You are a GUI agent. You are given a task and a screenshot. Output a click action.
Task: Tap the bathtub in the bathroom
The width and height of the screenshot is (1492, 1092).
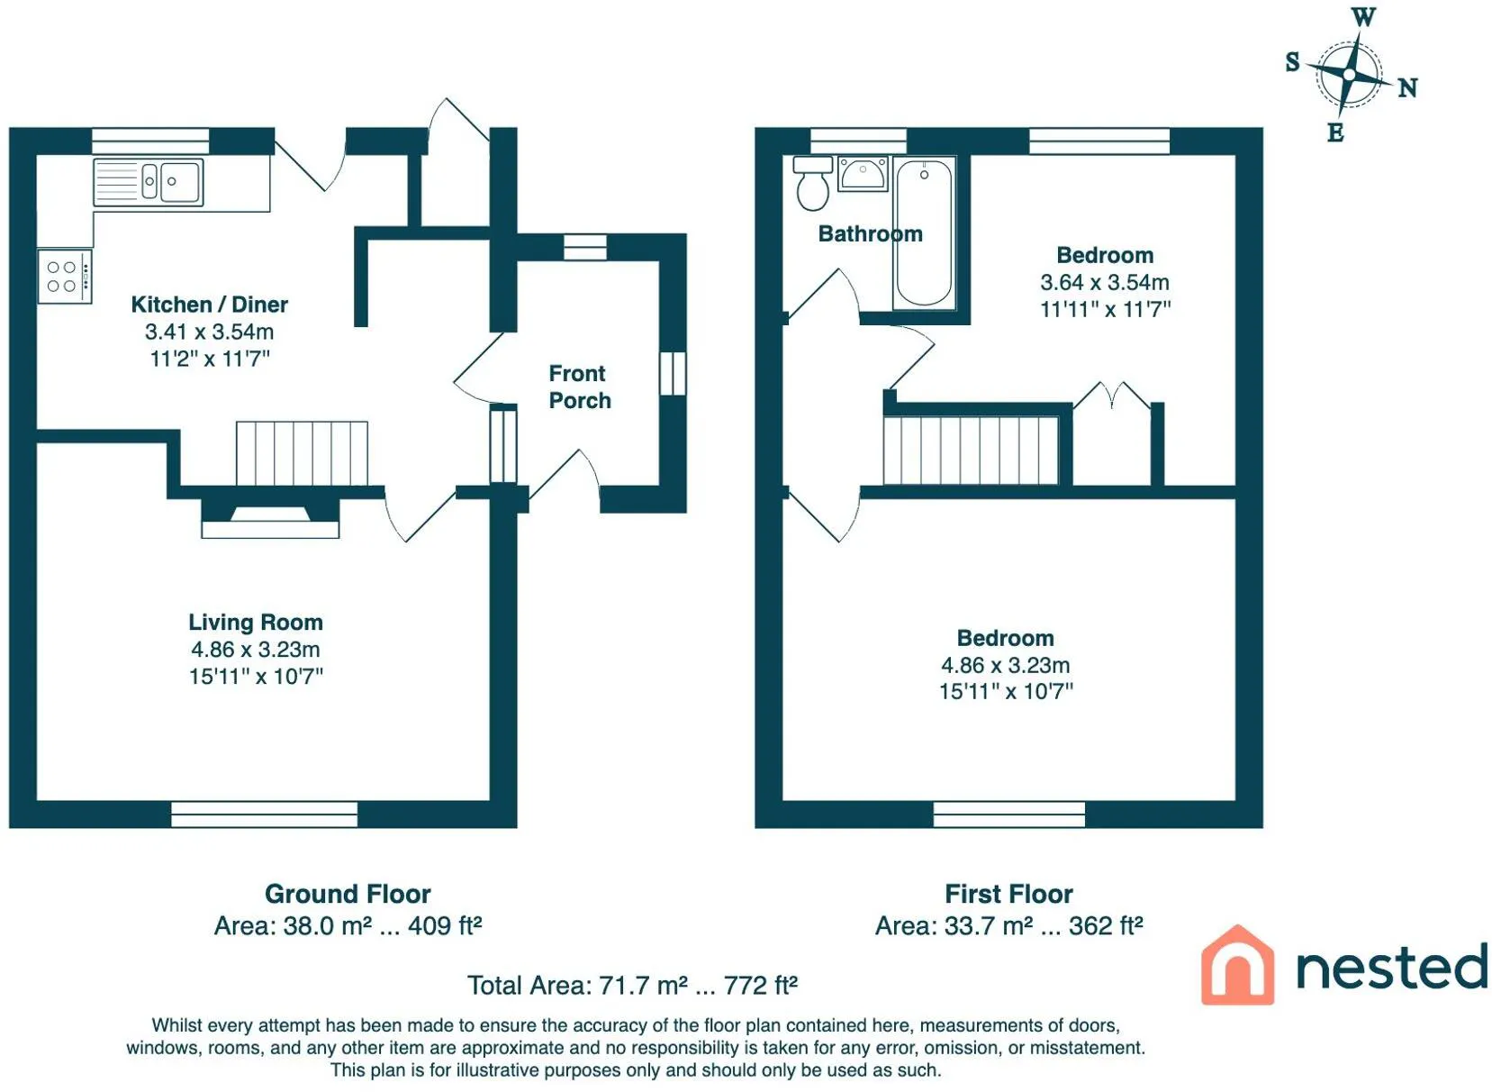coord(924,233)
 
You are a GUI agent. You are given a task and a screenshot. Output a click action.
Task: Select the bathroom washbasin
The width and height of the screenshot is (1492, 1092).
coord(863,173)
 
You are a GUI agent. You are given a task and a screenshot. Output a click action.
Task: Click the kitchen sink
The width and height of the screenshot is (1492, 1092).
coord(149,181)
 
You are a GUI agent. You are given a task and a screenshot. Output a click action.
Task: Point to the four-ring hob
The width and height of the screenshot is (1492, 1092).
coord(65,276)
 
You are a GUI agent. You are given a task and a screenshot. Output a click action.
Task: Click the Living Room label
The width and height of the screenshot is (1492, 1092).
coord(256,622)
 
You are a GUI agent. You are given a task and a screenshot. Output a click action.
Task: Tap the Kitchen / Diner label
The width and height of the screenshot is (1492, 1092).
coord(209,305)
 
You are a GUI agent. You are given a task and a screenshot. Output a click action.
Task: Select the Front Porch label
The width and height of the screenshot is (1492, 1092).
coord(580,387)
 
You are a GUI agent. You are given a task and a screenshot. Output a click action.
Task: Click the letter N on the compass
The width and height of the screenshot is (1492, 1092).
coord(1407,88)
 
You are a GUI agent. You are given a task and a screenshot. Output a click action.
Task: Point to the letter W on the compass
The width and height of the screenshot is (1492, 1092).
coord(1363,17)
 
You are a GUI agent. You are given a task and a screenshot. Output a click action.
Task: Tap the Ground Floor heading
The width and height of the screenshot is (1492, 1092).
coord(348,894)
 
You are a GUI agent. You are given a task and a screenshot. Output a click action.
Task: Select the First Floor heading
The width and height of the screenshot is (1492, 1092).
coord(1008,894)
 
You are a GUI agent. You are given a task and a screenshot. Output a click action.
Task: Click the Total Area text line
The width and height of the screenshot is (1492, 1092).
coord(632,986)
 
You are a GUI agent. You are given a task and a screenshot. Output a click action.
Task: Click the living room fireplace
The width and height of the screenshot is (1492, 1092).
coord(270,518)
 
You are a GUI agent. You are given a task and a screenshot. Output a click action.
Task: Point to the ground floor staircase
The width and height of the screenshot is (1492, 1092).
coord(302,453)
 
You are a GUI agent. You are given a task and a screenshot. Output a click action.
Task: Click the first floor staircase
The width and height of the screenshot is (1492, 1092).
coord(972,450)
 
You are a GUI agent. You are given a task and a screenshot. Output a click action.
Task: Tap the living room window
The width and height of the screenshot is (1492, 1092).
coord(265,814)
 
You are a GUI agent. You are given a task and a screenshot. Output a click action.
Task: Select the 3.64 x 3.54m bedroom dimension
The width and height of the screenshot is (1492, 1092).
coord(1105,283)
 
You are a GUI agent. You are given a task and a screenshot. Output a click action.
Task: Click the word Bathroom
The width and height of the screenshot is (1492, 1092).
coord(870,234)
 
